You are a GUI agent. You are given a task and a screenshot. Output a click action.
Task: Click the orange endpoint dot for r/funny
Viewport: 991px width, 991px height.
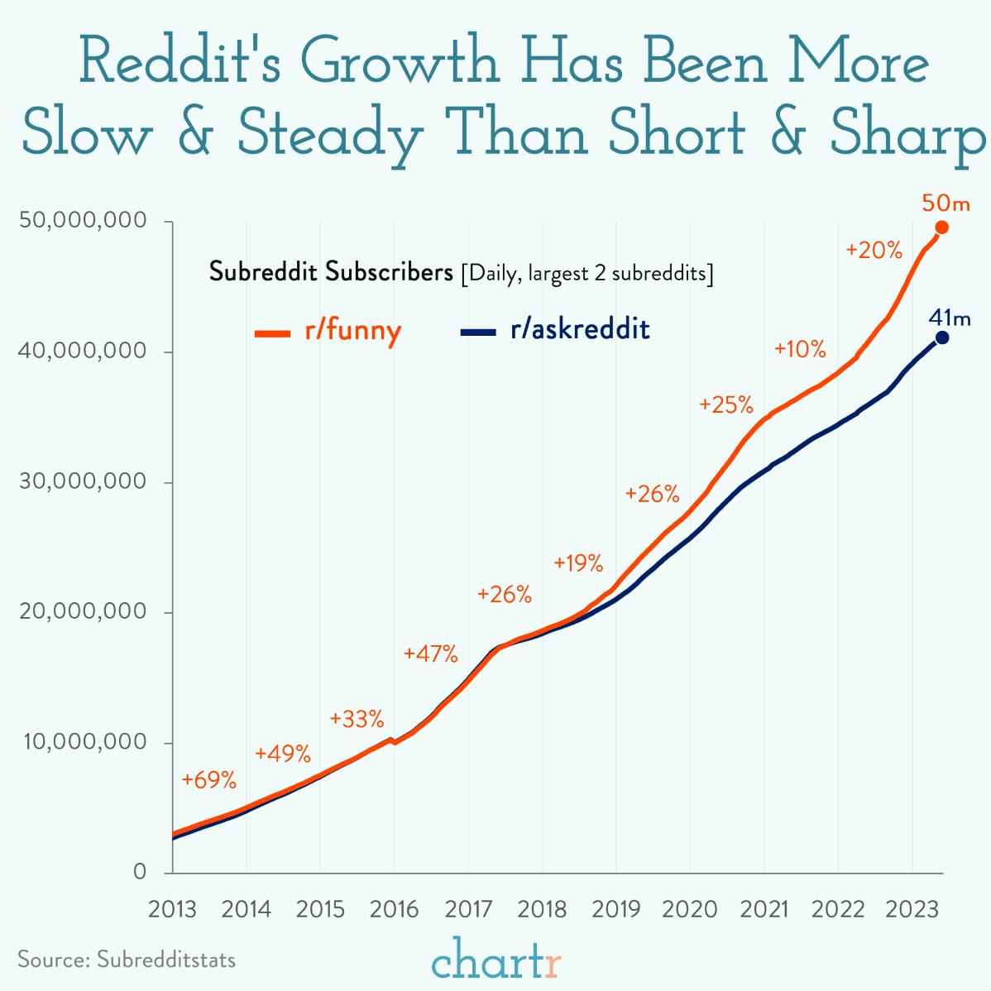coord(941,227)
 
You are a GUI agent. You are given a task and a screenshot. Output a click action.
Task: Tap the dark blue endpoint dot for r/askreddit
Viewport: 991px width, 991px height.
coord(941,338)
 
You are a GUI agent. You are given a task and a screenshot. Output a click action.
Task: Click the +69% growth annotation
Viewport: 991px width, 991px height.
coord(209,780)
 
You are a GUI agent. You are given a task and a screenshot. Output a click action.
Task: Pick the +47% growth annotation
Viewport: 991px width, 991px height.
coord(430,653)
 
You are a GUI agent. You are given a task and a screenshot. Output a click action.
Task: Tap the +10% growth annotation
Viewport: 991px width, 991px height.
coord(800,349)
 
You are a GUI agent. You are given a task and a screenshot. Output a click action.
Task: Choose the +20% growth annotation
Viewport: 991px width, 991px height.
coord(874,250)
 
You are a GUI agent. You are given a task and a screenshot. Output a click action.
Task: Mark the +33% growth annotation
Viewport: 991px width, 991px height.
coord(357,718)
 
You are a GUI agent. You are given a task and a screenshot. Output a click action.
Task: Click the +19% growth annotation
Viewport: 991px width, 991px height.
coord(578,563)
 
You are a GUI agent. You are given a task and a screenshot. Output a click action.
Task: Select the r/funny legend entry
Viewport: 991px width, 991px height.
coord(328,331)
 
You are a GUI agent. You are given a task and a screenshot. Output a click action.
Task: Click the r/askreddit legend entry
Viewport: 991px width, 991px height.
coord(554,330)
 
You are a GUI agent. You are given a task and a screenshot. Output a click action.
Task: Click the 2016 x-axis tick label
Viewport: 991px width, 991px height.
coord(394,910)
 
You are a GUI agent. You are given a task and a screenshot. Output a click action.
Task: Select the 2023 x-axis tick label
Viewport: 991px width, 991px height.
coord(912,910)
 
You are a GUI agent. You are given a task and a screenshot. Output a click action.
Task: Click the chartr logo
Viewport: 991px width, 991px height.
coord(496,962)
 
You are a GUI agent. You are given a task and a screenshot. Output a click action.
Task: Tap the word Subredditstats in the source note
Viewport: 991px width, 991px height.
coord(166,960)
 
